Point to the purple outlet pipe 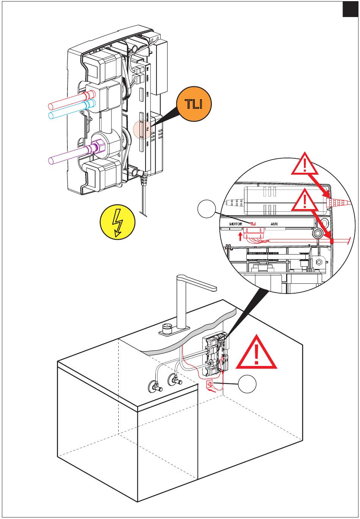tap(68, 156)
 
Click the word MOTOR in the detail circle tap(236, 224)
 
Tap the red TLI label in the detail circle tap(253, 224)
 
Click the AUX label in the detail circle tap(274, 224)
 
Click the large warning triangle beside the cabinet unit tap(257, 353)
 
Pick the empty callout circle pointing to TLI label tap(206, 210)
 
